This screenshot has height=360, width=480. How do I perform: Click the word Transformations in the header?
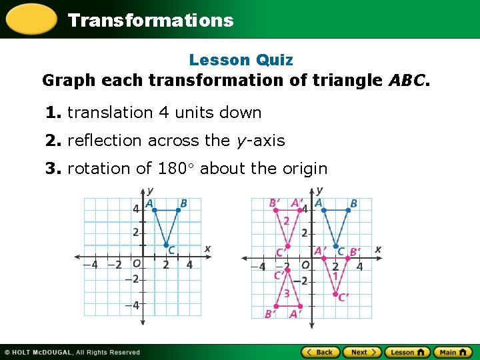click(x=151, y=20)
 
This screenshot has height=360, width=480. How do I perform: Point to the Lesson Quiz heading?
click(x=241, y=60)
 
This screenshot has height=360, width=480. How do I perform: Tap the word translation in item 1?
click(x=111, y=113)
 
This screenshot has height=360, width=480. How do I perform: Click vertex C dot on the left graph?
click(x=167, y=245)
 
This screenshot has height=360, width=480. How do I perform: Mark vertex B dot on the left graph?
click(x=178, y=210)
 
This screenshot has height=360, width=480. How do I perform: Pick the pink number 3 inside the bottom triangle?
click(x=287, y=293)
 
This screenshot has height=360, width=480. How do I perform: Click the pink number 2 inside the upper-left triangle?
click(x=286, y=221)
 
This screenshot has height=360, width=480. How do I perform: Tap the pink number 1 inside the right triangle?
click(x=335, y=275)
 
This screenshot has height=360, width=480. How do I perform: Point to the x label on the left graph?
click(x=207, y=249)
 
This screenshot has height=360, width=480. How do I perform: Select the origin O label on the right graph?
click(x=305, y=265)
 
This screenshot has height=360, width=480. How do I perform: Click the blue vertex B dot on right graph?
click(x=348, y=210)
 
